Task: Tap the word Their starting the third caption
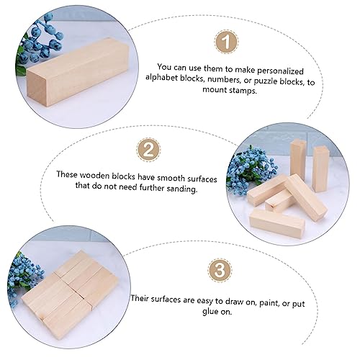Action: pyautogui.click(x=145, y=297)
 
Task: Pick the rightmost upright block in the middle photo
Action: pyautogui.click(x=320, y=167)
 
